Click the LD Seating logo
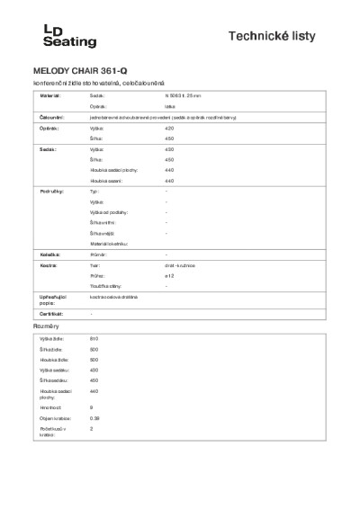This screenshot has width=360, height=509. [x=70, y=36]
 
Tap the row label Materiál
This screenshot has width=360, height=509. [x=50, y=94]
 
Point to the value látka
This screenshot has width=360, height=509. [x=169, y=106]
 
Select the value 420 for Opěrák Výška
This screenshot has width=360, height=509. [x=169, y=129]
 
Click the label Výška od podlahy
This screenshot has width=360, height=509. [x=110, y=213]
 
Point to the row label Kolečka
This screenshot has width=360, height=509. [x=49, y=255]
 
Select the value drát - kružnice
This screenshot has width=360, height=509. [x=181, y=266]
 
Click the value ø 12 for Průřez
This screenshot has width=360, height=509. [x=169, y=276]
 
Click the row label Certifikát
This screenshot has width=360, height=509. [x=52, y=313]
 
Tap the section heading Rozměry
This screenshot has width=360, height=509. [x=47, y=326]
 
